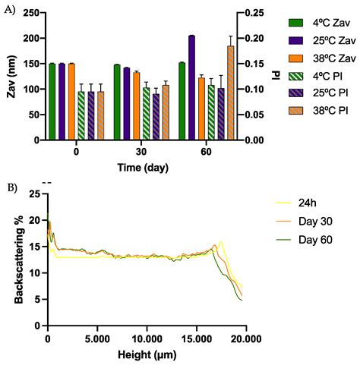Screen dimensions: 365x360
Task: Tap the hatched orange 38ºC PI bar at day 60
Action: pos(230,93)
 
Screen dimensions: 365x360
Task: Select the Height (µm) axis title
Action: pos(144,354)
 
